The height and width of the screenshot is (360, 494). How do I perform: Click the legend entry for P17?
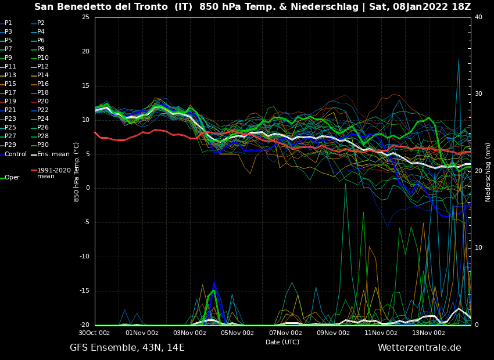[10, 93]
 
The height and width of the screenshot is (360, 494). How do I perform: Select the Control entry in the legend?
[15, 154]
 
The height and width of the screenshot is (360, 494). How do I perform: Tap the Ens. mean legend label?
[53, 154]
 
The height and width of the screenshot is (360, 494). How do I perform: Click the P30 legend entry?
[42, 145]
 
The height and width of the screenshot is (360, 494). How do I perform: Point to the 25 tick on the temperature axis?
[85, 17]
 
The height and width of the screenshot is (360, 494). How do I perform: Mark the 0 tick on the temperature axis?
[87, 188]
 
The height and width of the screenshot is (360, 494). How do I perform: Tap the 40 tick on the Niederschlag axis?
[478, 17]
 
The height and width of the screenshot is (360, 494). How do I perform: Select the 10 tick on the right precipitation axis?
[478, 248]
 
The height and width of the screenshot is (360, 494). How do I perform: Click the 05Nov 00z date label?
[237, 333]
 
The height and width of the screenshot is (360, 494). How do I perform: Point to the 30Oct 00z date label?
[94, 333]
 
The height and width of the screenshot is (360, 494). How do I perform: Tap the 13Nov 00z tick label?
[428, 333]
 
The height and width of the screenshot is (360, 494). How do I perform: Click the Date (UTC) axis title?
[282, 343]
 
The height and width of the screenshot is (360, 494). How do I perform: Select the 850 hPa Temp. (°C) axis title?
[77, 171]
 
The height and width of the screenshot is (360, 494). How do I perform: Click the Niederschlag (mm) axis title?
[488, 171]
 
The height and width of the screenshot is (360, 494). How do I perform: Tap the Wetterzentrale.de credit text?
[419, 348]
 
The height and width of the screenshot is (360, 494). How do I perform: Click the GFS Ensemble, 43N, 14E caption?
[127, 348]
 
